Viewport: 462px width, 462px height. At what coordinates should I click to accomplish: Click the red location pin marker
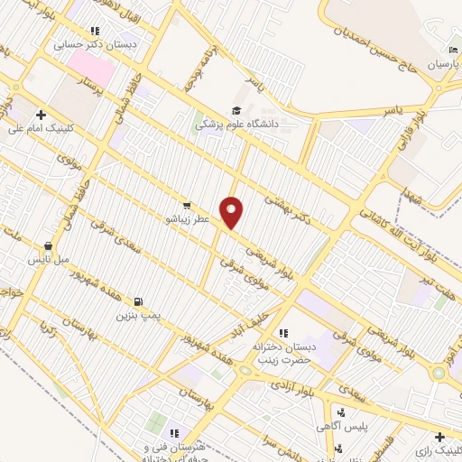(232, 212)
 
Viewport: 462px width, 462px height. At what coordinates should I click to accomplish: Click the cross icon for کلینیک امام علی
(42, 115)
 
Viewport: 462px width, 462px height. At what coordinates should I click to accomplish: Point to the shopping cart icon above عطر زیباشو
(187, 205)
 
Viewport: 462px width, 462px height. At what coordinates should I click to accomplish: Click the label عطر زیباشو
(187, 218)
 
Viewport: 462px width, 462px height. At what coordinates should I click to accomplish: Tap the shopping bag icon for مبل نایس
(48, 245)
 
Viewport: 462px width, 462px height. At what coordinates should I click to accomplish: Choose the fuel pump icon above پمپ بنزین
(137, 301)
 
